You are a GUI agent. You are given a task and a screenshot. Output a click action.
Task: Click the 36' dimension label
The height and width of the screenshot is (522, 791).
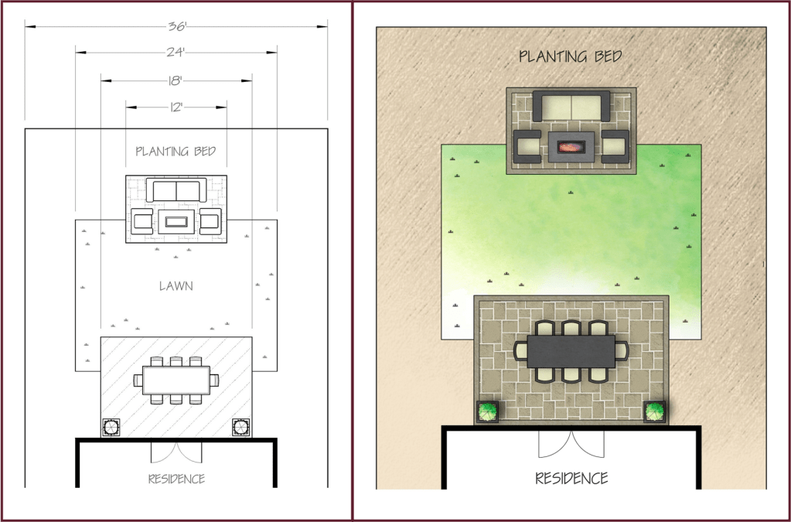click(176, 26)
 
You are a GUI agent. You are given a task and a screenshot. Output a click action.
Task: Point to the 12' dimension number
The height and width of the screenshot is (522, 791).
click(176, 107)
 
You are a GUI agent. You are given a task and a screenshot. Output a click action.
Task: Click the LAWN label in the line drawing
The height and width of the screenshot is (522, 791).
click(176, 286)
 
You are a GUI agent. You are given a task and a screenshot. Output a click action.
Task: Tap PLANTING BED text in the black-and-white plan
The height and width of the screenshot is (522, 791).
click(176, 152)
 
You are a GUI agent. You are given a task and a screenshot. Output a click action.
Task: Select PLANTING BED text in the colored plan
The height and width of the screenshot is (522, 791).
click(571, 56)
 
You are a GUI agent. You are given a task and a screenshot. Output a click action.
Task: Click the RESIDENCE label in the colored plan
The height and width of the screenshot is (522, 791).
click(571, 478)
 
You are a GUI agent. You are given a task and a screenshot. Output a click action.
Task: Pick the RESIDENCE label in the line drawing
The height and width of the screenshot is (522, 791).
click(176, 479)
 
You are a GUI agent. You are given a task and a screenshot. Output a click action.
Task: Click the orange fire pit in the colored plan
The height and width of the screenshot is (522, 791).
click(571, 145)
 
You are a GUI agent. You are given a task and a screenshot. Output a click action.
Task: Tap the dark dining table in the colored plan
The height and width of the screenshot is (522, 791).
click(571, 350)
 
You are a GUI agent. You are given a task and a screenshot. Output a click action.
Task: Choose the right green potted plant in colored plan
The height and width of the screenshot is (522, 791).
click(655, 411)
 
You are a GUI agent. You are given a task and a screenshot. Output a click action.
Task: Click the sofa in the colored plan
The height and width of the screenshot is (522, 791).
click(571, 106)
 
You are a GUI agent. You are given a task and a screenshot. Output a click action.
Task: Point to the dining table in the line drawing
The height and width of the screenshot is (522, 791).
click(176, 380)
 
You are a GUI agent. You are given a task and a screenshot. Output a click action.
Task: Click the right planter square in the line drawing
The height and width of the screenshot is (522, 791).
click(240, 426)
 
